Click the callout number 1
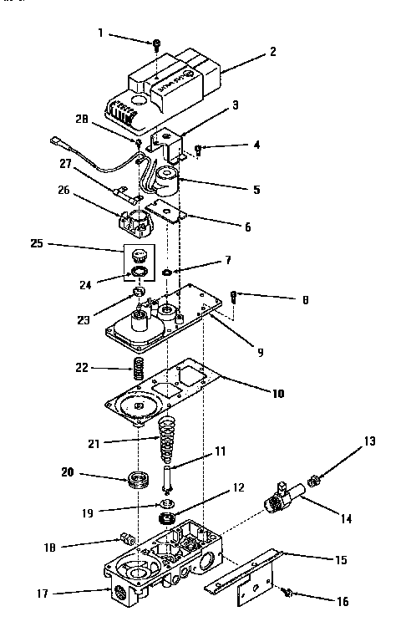coord(101,33)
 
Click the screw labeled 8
coord(235,295)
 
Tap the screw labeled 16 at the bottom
coord(287,591)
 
